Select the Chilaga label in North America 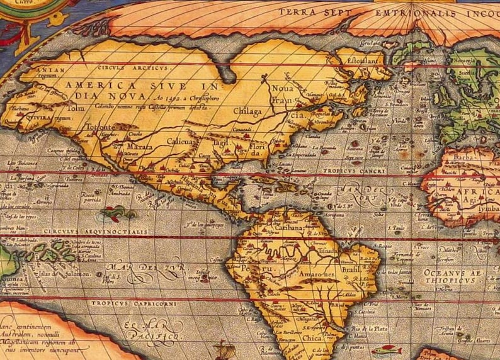click(246, 111)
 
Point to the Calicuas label click(181, 143)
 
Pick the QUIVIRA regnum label click(39, 117)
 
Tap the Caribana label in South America click(289, 228)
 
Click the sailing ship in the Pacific click(224, 349)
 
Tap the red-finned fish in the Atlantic click(385, 349)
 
